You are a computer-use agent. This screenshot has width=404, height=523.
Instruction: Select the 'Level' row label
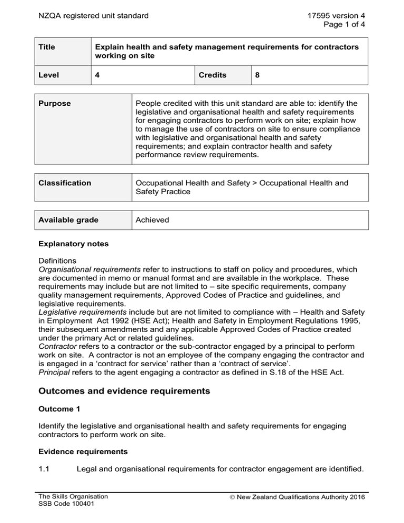tap(49, 75)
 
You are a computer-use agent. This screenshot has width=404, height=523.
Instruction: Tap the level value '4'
tap(98, 75)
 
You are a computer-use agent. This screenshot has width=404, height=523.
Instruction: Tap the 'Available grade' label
tap(68, 219)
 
